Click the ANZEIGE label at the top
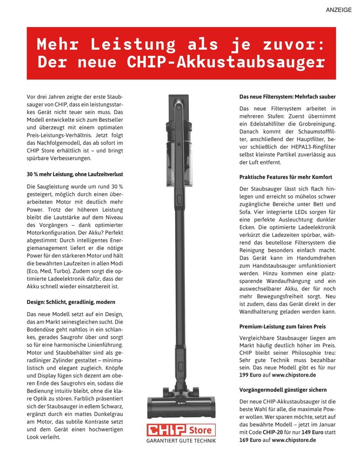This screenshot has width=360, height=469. (x=339, y=10)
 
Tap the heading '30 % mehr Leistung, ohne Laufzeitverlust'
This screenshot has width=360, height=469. (x=75, y=175)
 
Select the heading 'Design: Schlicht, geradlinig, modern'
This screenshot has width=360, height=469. (x=71, y=301)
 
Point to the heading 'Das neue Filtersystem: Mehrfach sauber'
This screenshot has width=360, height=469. (x=288, y=97)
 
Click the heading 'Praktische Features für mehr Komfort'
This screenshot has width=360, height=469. (x=285, y=177)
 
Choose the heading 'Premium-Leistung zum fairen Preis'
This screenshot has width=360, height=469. (x=283, y=327)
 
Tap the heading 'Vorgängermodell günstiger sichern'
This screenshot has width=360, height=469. (x=283, y=389)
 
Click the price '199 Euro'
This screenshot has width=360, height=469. (x=251, y=374)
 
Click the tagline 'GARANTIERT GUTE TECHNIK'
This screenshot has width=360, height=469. (x=181, y=441)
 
